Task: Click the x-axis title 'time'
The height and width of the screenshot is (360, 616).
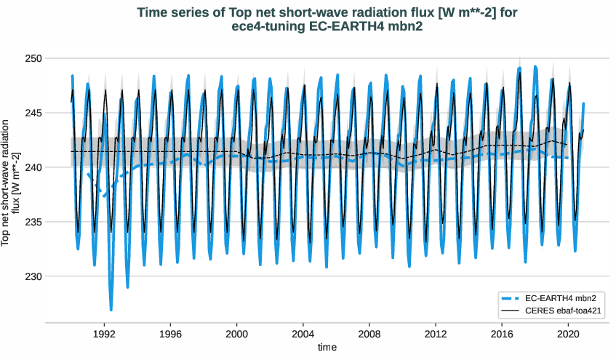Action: (327, 348)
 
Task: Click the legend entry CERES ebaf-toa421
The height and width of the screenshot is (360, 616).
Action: (567, 311)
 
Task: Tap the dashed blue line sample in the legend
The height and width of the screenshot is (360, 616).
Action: (511, 298)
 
